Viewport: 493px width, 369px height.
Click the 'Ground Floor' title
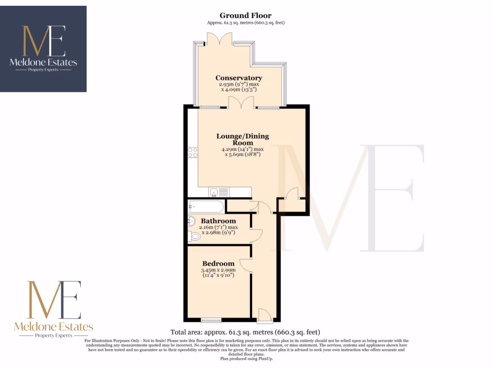point(246,16)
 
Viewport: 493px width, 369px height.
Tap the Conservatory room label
point(239,78)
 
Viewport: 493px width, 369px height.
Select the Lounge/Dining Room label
point(243,139)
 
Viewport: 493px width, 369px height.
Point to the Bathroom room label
point(219,221)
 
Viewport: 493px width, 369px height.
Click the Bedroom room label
point(218,263)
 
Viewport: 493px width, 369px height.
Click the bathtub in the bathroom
point(206,207)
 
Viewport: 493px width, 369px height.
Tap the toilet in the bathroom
point(195,237)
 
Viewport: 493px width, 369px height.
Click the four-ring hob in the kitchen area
point(193,152)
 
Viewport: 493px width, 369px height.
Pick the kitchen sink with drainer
point(219,193)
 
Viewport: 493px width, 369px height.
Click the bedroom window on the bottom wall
point(210,320)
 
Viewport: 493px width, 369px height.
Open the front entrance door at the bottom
point(264,315)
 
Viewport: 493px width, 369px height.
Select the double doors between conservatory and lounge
point(240,103)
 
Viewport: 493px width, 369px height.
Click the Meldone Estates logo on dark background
point(43,49)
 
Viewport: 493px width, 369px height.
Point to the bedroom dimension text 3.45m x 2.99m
point(218,273)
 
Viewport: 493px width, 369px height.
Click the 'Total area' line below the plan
point(245,332)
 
